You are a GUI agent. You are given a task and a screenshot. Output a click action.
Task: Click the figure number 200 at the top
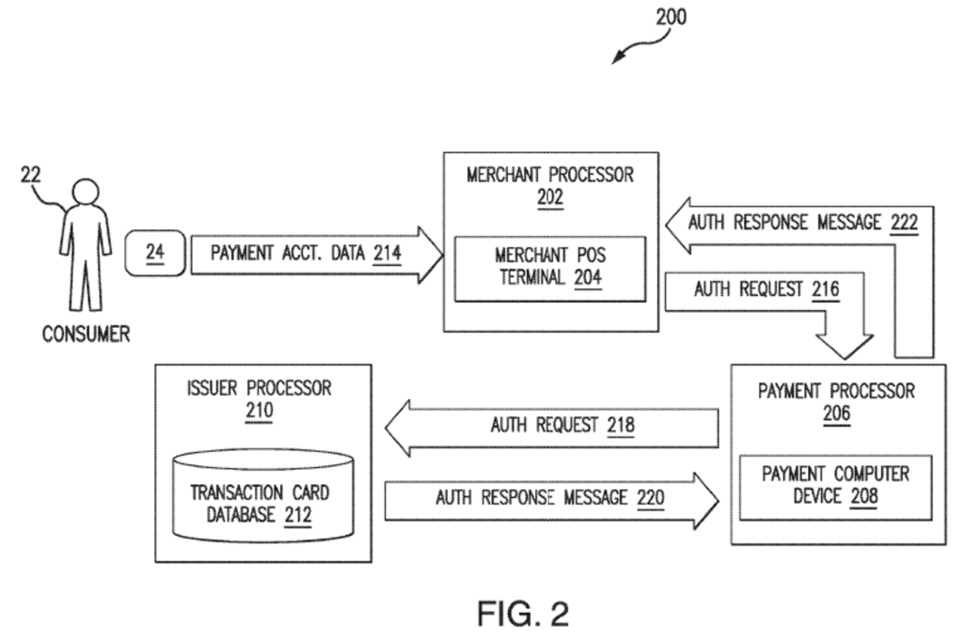(x=670, y=17)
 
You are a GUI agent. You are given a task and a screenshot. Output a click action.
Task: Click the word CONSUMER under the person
(x=86, y=334)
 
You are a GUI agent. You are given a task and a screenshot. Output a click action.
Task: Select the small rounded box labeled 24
(x=154, y=255)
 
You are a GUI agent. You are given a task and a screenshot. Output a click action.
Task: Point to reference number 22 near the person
(x=31, y=175)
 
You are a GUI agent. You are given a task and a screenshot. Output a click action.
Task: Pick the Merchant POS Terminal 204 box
(x=550, y=268)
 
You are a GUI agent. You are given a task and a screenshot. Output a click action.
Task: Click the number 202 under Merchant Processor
(x=550, y=197)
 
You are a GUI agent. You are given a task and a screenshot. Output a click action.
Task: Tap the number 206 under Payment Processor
(x=836, y=413)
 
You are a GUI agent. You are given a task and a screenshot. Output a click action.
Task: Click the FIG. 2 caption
(x=523, y=614)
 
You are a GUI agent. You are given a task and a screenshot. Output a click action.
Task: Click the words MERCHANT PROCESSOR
(x=550, y=176)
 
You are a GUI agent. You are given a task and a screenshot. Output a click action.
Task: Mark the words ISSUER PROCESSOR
(x=260, y=388)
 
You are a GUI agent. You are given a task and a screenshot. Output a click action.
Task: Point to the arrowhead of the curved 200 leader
(x=617, y=59)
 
